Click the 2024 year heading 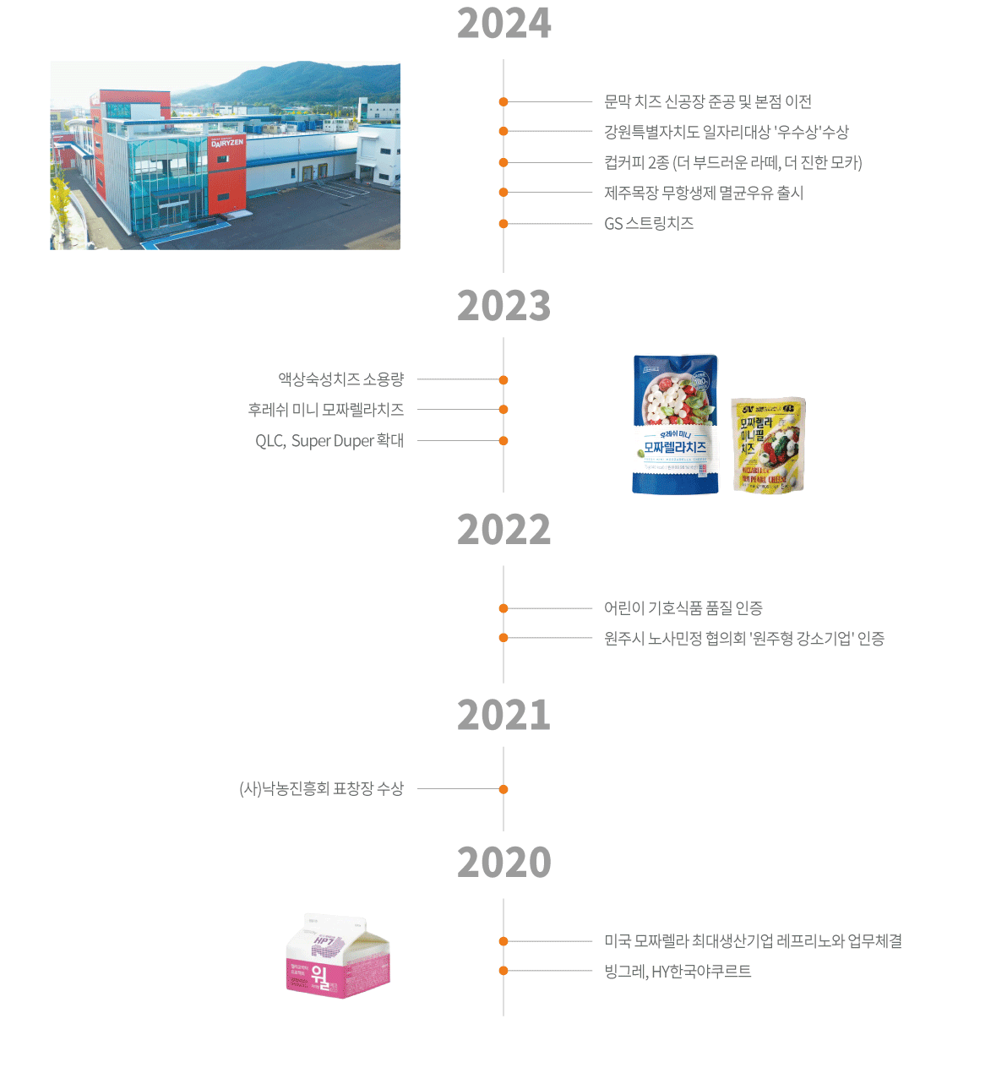(503, 24)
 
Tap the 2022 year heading (503, 530)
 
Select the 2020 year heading (503, 863)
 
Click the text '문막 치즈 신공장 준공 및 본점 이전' (707, 102)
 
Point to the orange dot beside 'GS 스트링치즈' (503, 224)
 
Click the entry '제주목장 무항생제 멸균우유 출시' (703, 193)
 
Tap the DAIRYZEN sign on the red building (226, 143)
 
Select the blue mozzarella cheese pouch (675, 424)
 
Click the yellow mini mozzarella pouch (768, 444)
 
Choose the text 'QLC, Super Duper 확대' (329, 441)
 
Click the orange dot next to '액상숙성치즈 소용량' (503, 380)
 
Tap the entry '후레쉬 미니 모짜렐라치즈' (325, 410)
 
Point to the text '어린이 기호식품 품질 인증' (683, 608)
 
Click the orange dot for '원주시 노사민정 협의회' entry (503, 638)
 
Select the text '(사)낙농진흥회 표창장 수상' (321, 789)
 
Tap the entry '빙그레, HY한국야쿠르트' (677, 972)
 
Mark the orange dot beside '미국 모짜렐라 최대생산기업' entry (503, 941)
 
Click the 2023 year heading (503, 306)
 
